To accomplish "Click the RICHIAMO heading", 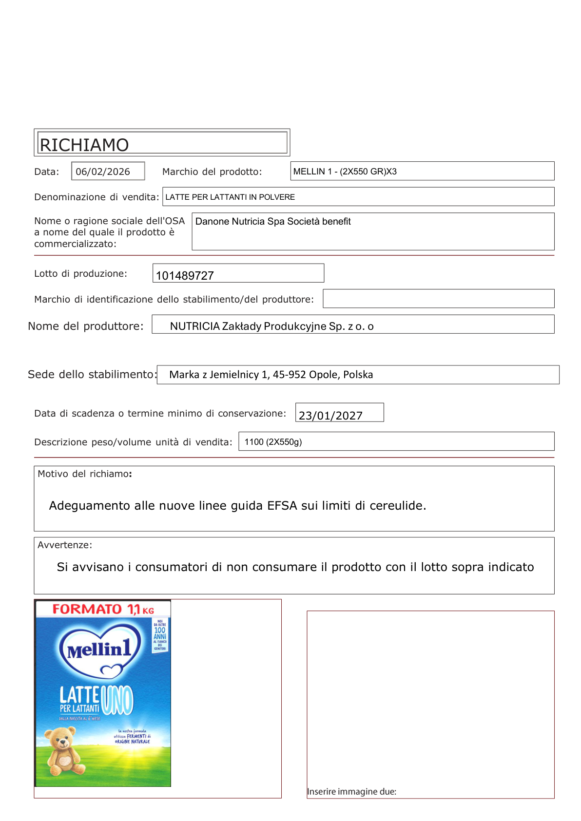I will [84, 145].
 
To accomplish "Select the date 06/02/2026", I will [103, 172].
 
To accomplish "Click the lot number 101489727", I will [185, 276].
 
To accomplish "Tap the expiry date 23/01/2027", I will [330, 416].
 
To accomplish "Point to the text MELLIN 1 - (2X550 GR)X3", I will [345, 172].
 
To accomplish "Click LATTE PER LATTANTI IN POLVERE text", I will [230, 197].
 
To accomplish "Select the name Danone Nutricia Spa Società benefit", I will [273, 221].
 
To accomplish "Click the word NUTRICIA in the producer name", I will [195, 326].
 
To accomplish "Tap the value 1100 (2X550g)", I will [273, 442].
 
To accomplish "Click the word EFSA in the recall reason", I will [282, 506].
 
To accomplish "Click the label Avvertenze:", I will [65, 545].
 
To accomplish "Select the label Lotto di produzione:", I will [80, 273].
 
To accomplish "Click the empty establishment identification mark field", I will [438, 299].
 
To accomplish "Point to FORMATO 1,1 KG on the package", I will [103, 609].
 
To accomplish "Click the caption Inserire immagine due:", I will [351, 791].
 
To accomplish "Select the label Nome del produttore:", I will [86, 326].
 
